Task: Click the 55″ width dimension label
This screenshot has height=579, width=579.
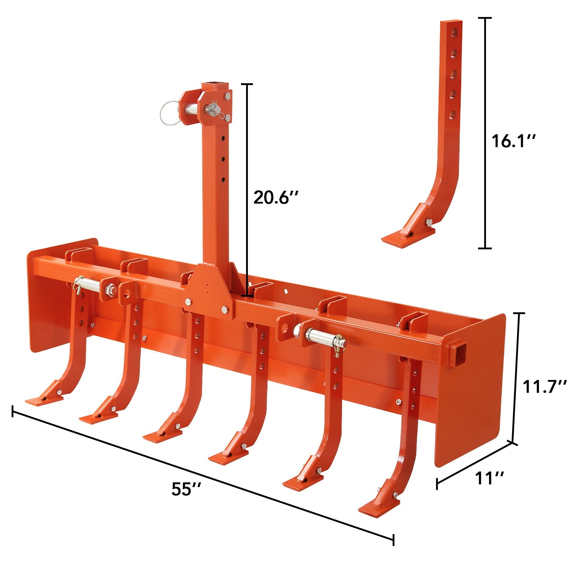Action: (186, 489)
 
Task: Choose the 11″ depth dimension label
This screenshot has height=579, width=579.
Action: (489, 478)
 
